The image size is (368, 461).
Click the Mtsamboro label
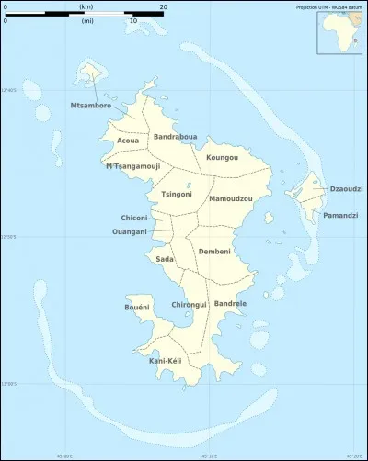pyautogui.click(x=90, y=106)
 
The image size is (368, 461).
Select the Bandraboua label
pyautogui.click(x=175, y=137)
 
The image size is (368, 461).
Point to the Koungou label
pyautogui.click(x=222, y=158)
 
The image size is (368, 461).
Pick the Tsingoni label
pyautogui.click(x=176, y=194)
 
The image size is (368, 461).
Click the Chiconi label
pyautogui.click(x=133, y=218)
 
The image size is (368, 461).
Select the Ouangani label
pyautogui.click(x=129, y=231)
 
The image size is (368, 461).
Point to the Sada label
pyautogui.click(x=165, y=259)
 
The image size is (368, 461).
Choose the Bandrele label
pyautogui.click(x=230, y=303)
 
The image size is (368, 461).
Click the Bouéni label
pyautogui.click(x=137, y=308)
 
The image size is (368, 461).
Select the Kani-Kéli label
pyautogui.click(x=165, y=361)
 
